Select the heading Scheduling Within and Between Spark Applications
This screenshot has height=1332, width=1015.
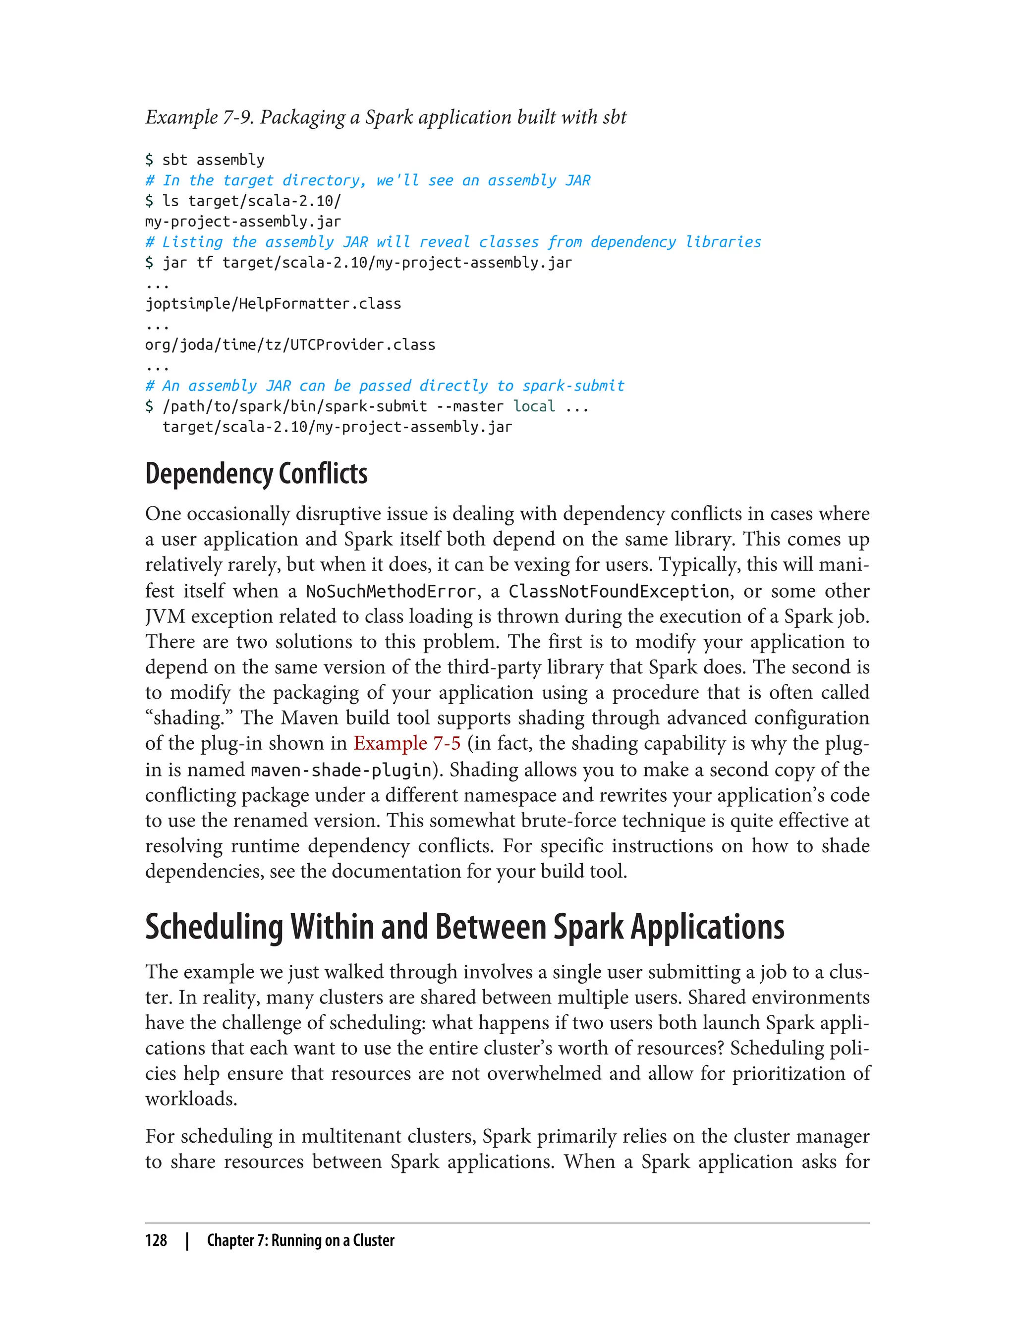pos(464,927)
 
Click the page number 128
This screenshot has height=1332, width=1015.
pos(156,1240)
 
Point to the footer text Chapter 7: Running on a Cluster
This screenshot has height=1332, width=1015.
pos(300,1240)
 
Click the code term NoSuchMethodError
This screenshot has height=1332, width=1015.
pos(391,591)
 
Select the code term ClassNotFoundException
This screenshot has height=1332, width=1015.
pos(619,591)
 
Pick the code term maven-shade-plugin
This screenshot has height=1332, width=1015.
pos(341,770)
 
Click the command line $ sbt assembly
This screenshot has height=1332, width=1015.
pos(205,160)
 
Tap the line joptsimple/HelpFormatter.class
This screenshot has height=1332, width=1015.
pos(273,303)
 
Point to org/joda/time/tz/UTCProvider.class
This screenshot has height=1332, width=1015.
pos(290,344)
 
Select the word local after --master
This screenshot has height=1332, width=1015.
pos(534,406)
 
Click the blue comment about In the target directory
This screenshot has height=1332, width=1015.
pos(368,180)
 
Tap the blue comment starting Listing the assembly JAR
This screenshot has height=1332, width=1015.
pos(453,242)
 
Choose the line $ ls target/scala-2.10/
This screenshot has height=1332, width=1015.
pos(243,201)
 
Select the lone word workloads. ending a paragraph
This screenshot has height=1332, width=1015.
pos(191,1099)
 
